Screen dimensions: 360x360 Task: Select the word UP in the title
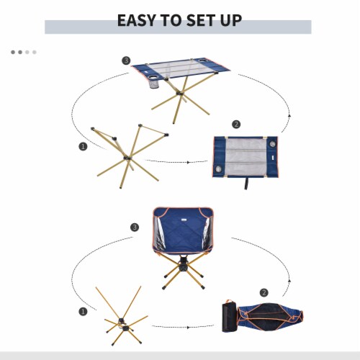231,20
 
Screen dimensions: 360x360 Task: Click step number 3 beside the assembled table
126,60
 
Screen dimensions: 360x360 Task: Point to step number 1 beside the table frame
83,146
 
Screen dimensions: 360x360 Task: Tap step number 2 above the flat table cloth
236,124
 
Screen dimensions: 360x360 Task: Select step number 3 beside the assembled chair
135,227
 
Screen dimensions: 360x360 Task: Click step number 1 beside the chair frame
83,312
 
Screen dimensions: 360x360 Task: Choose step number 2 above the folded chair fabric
264,292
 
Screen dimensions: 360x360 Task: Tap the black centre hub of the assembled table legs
179,93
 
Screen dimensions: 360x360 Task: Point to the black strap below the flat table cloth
246,184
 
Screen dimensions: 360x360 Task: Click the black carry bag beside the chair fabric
229,316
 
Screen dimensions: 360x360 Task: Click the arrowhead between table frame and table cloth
189,162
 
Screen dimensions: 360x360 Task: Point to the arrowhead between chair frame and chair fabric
189,327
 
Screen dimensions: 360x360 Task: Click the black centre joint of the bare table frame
127,158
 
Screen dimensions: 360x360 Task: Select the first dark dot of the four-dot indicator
13,52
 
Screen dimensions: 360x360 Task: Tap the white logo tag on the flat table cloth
274,158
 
